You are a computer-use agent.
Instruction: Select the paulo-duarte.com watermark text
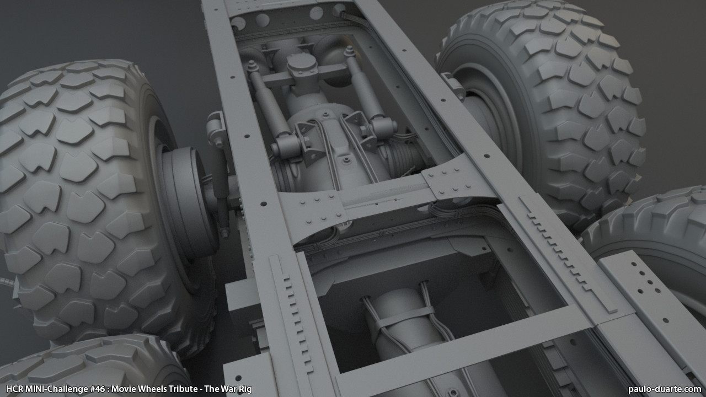click(665, 389)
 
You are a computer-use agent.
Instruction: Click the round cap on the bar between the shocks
click(302, 67)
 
